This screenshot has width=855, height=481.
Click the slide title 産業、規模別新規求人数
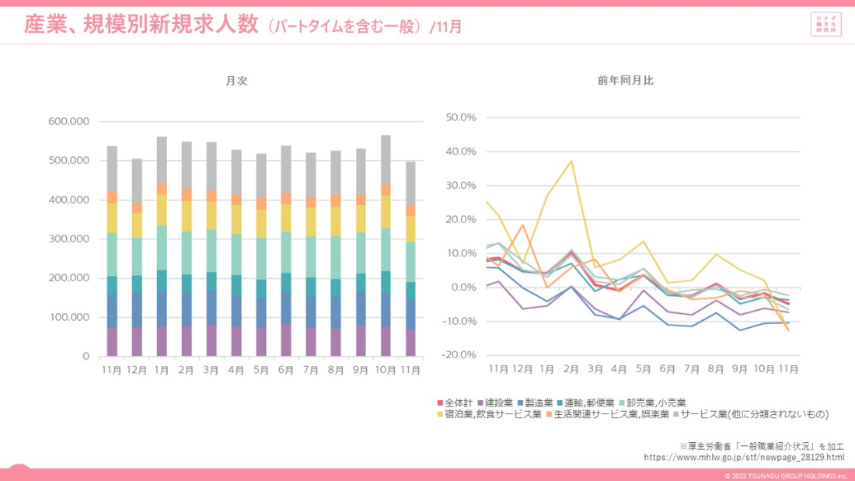coord(141,25)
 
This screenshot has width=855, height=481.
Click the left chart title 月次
coord(237,81)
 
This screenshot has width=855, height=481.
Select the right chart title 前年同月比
coord(626,81)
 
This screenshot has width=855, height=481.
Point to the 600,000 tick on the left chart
coord(69,122)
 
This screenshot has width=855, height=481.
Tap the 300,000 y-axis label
coord(69,239)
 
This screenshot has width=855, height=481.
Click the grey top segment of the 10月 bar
coord(386,159)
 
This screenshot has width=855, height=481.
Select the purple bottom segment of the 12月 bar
coord(137,341)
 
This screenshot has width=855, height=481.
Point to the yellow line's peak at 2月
coord(572,162)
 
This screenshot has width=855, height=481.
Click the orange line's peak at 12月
coord(523,225)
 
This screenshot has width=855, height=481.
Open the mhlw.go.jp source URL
coord(744,457)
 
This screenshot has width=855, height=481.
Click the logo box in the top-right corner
coord(825,23)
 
